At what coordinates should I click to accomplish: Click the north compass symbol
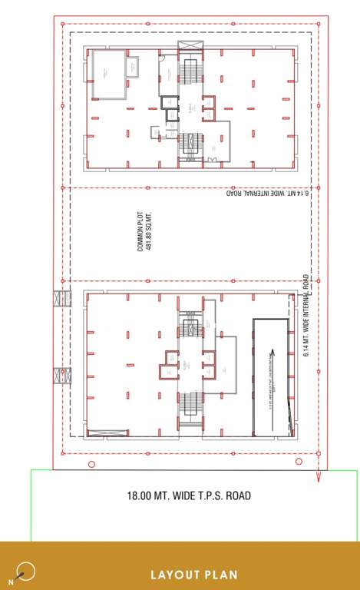[26, 571]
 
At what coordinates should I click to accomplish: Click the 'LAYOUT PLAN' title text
[193, 574]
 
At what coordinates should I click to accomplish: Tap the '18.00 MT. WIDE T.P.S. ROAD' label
[189, 496]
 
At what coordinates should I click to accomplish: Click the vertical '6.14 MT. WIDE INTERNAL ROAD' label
[306, 315]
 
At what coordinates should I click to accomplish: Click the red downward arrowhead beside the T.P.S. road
[318, 478]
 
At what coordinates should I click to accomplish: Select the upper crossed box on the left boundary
[61, 297]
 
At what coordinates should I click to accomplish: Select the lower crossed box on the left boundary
[61, 377]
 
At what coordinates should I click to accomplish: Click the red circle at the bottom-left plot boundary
[91, 464]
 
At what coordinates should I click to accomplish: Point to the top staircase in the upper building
[190, 73]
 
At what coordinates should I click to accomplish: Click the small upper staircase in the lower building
[190, 324]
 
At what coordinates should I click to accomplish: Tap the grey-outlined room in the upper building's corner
[109, 75]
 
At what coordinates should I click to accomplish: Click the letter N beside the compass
[11, 583]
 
